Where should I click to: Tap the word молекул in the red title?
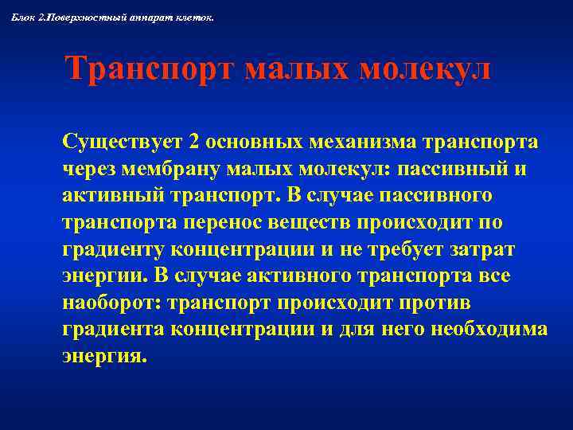coord(425,69)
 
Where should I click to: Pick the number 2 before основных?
coord(195,142)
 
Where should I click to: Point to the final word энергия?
coord(103,357)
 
